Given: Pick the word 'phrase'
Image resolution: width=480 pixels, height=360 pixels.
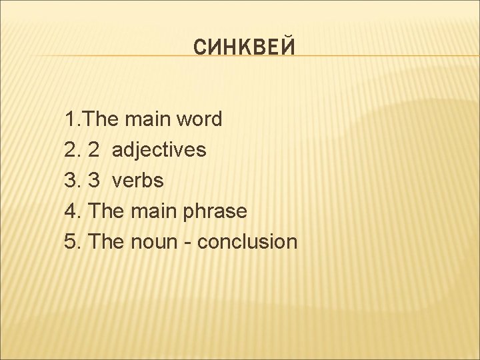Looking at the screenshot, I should coord(214,211).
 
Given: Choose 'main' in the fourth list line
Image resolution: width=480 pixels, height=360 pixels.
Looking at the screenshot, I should coord(153,211).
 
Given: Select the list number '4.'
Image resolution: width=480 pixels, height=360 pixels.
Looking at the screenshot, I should coord(73,211).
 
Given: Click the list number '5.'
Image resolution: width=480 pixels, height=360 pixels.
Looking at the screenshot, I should coord(73,242).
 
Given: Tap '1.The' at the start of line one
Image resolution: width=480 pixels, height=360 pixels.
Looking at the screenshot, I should coord(89,120).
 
